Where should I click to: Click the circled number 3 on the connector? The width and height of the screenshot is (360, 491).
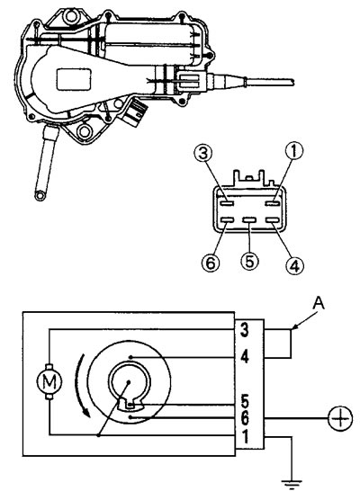coord(203,154)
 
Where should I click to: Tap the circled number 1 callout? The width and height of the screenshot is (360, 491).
coord(294,151)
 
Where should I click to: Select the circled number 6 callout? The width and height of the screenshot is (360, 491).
coord(211,263)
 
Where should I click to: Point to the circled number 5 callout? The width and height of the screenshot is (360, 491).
coord(249,261)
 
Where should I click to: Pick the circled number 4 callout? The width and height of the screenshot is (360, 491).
coord(294,265)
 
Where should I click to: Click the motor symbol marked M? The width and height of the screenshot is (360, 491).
coord(49,381)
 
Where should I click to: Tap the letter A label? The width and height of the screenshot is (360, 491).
coord(319,303)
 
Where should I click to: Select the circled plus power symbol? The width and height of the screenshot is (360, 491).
coord(340,418)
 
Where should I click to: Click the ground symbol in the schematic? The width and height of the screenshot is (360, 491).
coord(292,484)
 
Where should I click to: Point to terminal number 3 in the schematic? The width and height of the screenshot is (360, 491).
coord(245,330)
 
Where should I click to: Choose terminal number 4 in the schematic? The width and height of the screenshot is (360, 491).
coord(245,357)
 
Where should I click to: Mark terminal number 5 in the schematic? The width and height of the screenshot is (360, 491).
coord(245,401)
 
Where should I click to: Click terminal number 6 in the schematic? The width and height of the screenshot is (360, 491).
coord(245,418)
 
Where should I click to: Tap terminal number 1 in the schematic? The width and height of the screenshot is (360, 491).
coord(246,436)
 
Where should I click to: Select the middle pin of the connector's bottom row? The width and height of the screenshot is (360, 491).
coord(249,220)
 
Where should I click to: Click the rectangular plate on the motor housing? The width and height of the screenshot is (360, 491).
coord(74,79)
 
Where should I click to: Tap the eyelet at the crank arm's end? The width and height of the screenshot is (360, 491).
coord(40,195)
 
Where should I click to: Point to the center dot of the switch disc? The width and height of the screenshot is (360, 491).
coord(128,382)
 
